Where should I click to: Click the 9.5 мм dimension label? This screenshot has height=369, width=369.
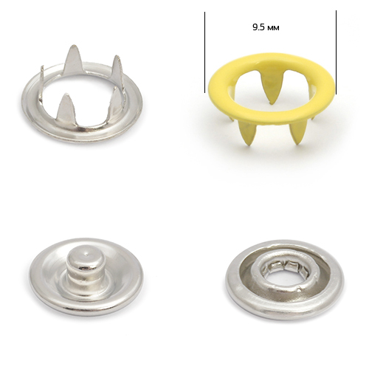pyautogui.click(x=266, y=27)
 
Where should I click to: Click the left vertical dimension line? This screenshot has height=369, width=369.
pyautogui.click(x=204, y=52)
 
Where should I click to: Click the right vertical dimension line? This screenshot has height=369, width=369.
pyautogui.click(x=336, y=52)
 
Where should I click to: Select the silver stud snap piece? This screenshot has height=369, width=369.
pyautogui.click(x=86, y=277)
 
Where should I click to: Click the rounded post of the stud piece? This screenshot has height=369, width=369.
pyautogui.click(x=86, y=267)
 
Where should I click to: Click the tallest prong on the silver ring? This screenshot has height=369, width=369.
pyautogui.click(x=72, y=60)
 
